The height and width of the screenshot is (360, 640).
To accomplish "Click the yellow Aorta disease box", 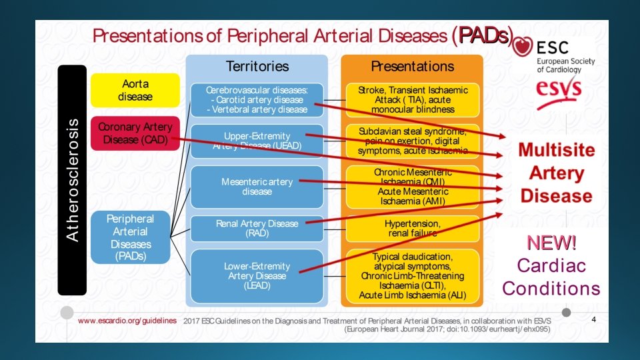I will click(x=135, y=90).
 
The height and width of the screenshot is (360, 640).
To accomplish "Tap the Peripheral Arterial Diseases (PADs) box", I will click(x=130, y=237).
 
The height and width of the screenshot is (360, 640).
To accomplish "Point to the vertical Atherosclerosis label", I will click(x=72, y=180).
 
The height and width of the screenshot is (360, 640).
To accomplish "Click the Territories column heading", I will click(x=257, y=66).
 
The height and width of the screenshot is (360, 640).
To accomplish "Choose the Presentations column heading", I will click(x=412, y=66).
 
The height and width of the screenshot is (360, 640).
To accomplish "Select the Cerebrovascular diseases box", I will click(x=257, y=100).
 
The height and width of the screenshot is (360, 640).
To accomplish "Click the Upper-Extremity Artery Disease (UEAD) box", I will click(x=257, y=141).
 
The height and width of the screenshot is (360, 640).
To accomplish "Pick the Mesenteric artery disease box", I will click(x=257, y=187).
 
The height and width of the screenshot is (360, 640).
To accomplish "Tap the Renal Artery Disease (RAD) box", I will click(x=257, y=228).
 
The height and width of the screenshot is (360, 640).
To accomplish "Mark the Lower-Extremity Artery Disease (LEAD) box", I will click(x=257, y=275).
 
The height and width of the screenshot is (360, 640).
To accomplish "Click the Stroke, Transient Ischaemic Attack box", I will click(x=412, y=99).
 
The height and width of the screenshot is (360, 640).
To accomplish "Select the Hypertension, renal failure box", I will click(x=412, y=228).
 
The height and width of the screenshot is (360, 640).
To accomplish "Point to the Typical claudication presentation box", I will click(x=412, y=275).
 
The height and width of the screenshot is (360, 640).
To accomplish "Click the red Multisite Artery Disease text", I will click(x=556, y=173).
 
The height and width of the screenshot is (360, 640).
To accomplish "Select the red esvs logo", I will click(x=559, y=89).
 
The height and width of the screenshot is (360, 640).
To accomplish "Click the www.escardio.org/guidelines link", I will click(x=127, y=320).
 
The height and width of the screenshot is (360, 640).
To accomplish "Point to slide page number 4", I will click(x=594, y=319).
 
